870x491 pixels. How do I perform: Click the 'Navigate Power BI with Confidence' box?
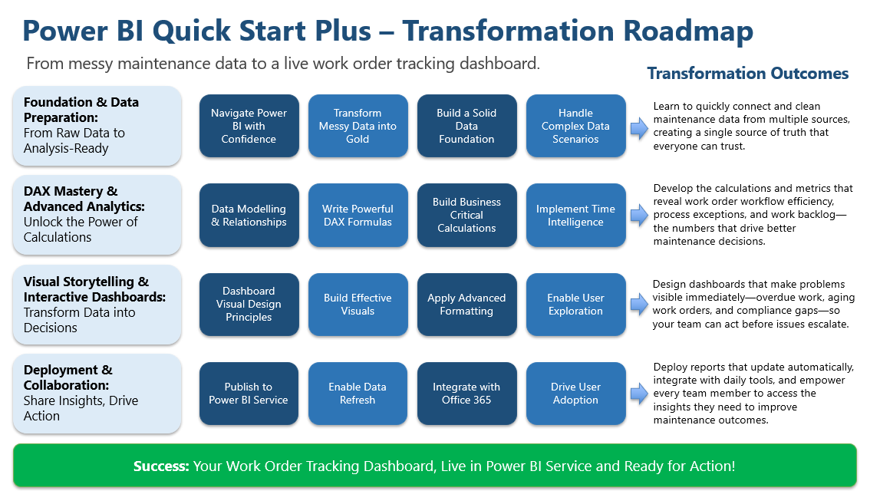(249, 126)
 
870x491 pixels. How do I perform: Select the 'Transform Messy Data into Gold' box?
(358, 126)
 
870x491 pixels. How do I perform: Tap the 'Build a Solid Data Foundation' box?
(466, 126)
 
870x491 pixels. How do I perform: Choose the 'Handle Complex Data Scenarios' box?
(575, 126)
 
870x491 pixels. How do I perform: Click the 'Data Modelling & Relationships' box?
(249, 216)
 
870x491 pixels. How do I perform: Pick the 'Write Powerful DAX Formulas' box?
(358, 216)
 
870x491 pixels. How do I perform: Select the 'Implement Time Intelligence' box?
(575, 216)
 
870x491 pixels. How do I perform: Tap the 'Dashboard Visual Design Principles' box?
(249, 305)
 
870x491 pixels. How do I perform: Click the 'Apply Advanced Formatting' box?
(466, 305)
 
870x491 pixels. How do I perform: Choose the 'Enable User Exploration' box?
(575, 305)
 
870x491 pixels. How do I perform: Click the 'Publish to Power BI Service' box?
(249, 394)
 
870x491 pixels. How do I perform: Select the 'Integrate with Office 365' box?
(466, 394)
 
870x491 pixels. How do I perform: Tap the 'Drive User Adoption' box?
(575, 394)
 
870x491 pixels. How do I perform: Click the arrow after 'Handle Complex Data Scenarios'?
(638, 127)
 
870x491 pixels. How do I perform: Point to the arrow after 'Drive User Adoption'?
(638, 394)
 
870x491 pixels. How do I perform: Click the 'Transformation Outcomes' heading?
(747, 74)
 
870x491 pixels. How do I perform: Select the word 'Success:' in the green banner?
(161, 466)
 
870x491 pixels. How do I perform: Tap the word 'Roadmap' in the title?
(687, 31)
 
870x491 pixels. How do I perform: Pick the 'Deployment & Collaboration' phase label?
(68, 377)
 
